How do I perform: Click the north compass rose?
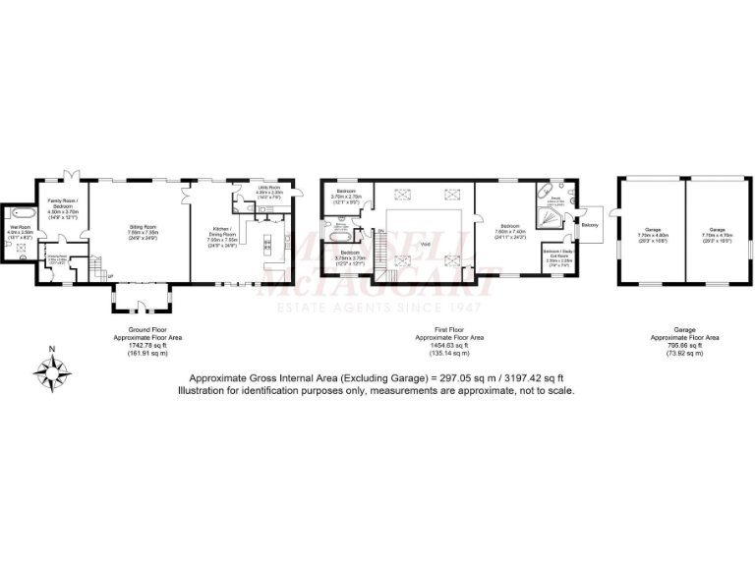[52, 370]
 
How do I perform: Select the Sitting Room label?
[144, 228]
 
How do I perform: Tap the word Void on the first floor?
[425, 245]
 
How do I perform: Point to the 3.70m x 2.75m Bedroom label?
[346, 193]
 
